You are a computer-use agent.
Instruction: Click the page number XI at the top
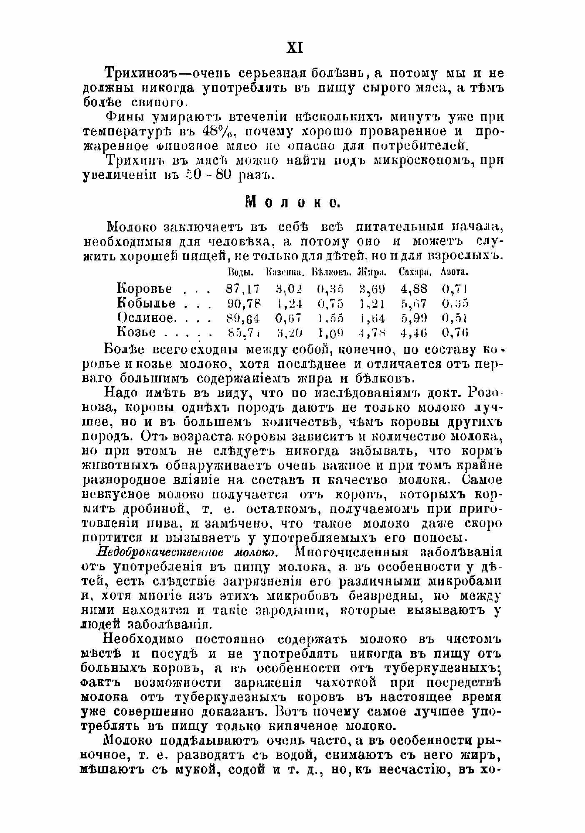pyautogui.click(x=295, y=48)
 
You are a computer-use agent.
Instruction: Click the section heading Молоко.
pyautogui.click(x=292, y=202)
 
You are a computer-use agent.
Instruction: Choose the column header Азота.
pyautogui.click(x=455, y=273)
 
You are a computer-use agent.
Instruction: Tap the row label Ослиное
pyautogui.click(x=145, y=318)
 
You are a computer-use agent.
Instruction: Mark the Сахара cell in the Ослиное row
pyautogui.click(x=414, y=318)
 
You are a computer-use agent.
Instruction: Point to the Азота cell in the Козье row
pyautogui.click(x=455, y=333)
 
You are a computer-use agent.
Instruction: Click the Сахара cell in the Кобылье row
pyautogui.click(x=414, y=303)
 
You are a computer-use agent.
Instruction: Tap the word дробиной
pyautogui.click(x=153, y=509)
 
